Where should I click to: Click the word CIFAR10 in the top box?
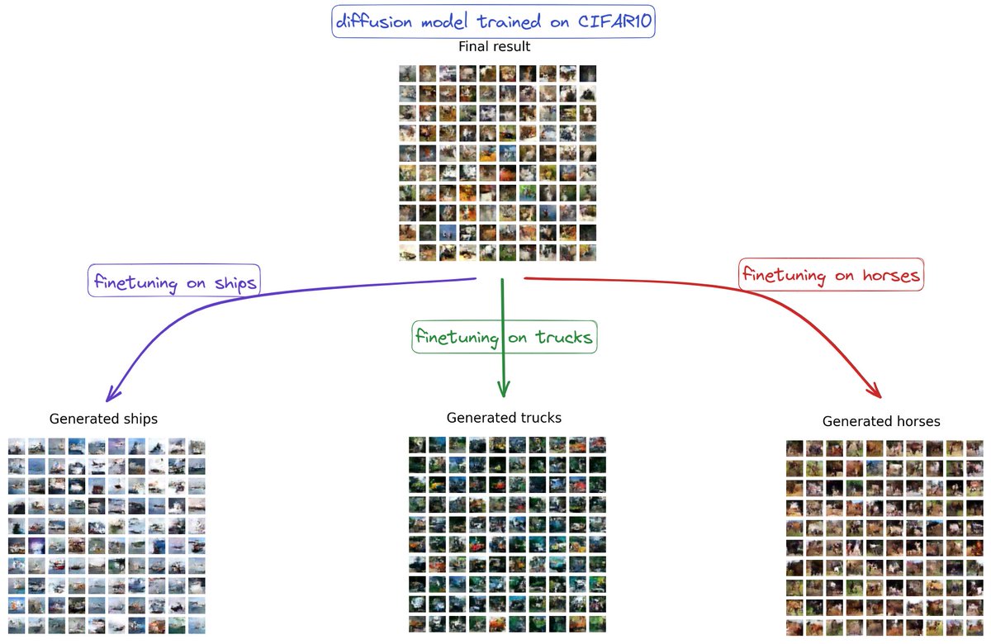(614, 21)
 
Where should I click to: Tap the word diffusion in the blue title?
(374, 21)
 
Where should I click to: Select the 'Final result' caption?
(494, 46)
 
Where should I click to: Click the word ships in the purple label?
(235, 283)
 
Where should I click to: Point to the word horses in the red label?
(891, 276)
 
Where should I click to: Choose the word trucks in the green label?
(563, 337)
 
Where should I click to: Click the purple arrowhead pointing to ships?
(113, 394)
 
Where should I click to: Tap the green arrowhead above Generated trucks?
(504, 389)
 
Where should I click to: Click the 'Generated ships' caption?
(103, 419)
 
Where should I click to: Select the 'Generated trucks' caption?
(504, 418)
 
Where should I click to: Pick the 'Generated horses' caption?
(881, 421)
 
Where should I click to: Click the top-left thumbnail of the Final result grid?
(407, 73)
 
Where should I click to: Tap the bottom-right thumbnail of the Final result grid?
(587, 253)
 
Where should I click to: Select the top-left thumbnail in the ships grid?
(17, 447)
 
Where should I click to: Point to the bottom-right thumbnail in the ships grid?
(197, 626)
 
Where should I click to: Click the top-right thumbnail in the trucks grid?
(597, 445)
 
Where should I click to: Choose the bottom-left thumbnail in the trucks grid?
(417, 624)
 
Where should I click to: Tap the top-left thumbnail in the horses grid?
(794, 448)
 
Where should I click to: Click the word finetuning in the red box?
(784, 276)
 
